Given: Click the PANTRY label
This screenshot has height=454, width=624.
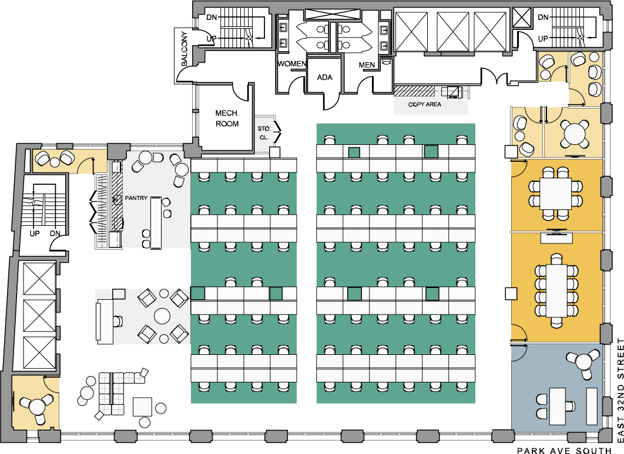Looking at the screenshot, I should (x=136, y=198).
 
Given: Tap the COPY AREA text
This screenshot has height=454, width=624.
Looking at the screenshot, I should (x=424, y=104).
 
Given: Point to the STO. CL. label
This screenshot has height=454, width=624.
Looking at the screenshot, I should (x=264, y=133).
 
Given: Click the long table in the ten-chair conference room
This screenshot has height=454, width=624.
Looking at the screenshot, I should (x=556, y=291).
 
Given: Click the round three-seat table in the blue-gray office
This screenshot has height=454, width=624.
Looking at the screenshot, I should (x=583, y=361).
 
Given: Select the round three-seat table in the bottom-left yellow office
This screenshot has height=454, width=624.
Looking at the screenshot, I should (x=37, y=405).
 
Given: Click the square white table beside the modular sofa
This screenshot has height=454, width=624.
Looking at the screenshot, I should (x=142, y=406).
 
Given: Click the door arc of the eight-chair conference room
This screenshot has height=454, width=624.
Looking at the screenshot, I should (x=518, y=168).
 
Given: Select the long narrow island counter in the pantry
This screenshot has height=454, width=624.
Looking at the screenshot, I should (x=156, y=223).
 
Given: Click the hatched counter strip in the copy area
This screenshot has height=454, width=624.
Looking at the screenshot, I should (x=414, y=91).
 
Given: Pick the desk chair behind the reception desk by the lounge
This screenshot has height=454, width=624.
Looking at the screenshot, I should (x=118, y=320).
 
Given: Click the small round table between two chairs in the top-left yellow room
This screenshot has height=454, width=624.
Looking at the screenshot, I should (x=55, y=162).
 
